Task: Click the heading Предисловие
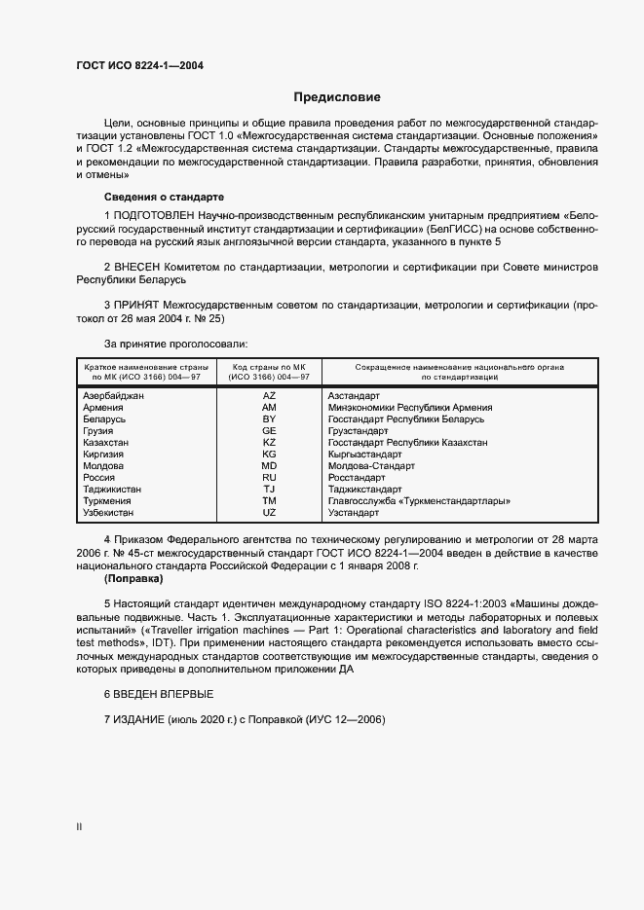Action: tap(337, 97)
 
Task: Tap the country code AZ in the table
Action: tap(269, 396)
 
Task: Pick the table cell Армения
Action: tap(103, 408)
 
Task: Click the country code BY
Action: tap(269, 419)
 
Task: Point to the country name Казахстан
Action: tap(107, 443)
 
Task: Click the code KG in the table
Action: tap(269, 455)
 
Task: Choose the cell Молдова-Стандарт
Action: tap(373, 466)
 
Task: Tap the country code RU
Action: tap(269, 478)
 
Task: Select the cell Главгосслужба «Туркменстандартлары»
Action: tap(420, 501)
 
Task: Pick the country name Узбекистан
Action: tap(109, 513)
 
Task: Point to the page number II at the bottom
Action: tap(79, 827)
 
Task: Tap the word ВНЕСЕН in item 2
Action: tap(140, 267)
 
